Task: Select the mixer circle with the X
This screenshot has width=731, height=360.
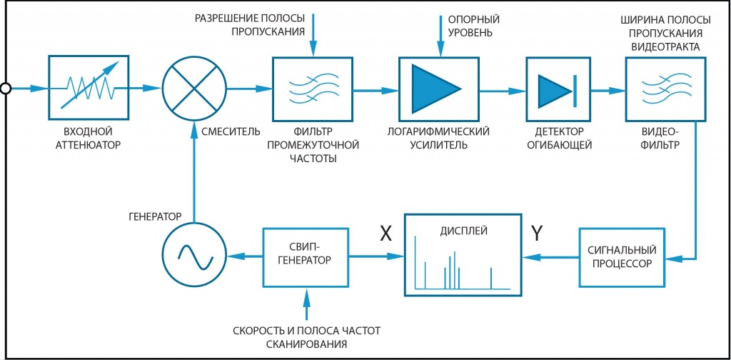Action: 194,88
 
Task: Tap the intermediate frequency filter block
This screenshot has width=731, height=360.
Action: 312,89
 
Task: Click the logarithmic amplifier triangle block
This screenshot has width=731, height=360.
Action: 440,89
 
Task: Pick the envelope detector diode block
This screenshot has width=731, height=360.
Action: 558,89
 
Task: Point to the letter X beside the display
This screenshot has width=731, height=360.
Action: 386,234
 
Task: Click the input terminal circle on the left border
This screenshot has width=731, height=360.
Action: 6,88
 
